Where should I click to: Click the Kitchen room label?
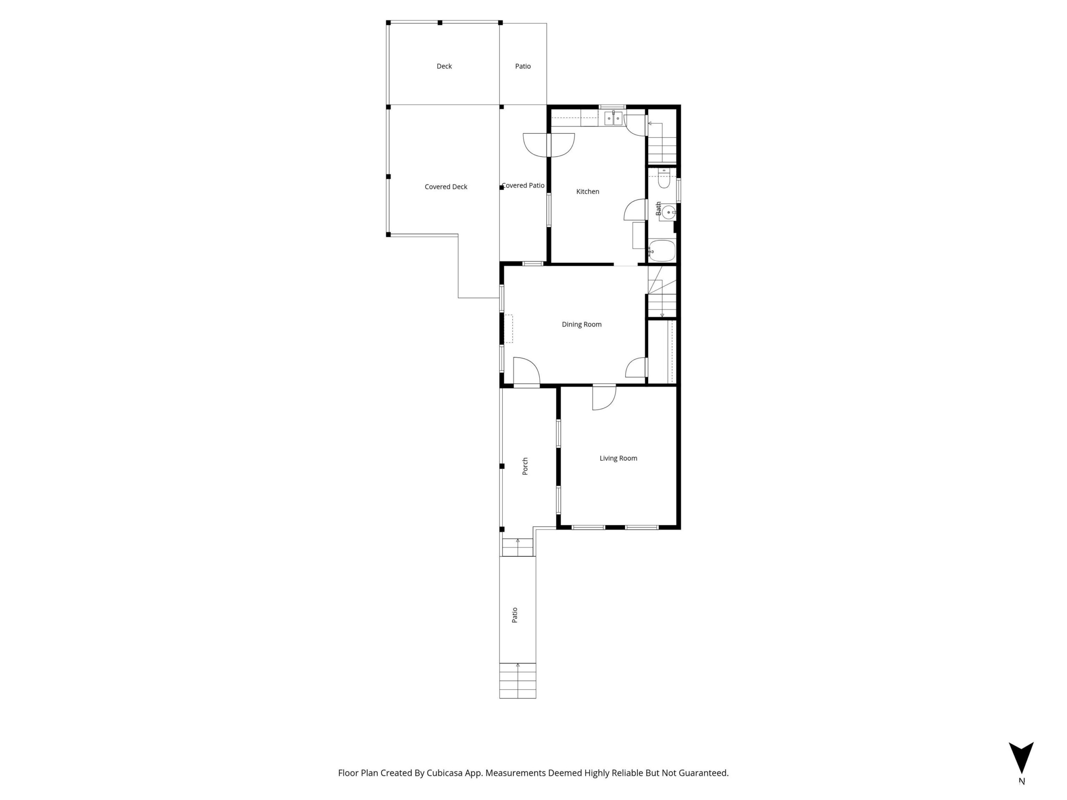(x=588, y=191)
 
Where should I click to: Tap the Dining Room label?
(x=581, y=325)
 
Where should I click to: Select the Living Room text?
(x=618, y=458)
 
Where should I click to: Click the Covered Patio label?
(x=523, y=185)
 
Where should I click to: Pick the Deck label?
(x=444, y=66)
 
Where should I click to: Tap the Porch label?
(x=525, y=466)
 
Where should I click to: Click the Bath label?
(x=659, y=208)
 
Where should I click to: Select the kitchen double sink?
(x=614, y=118)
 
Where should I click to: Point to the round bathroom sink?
(x=668, y=212)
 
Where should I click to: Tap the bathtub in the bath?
(x=662, y=251)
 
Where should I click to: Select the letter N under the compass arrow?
(x=1022, y=781)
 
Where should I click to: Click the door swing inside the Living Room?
(x=604, y=398)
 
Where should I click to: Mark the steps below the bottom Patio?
(x=518, y=680)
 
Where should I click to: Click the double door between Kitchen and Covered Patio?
(x=549, y=145)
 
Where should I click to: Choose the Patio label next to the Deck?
(x=523, y=66)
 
